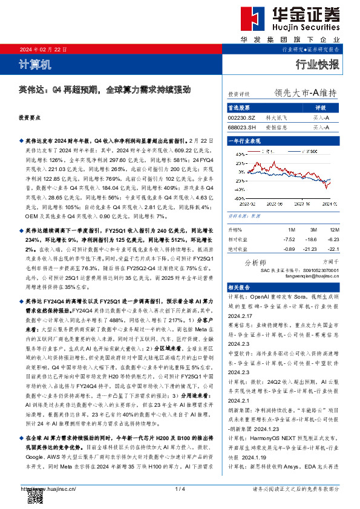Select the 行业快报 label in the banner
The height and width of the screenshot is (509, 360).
coord(317,64)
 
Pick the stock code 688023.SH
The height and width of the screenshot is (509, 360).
coord(242,128)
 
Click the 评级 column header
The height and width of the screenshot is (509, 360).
coord(321,108)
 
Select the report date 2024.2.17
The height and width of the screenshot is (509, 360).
coord(241,316)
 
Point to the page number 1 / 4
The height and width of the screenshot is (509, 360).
coord(179,488)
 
